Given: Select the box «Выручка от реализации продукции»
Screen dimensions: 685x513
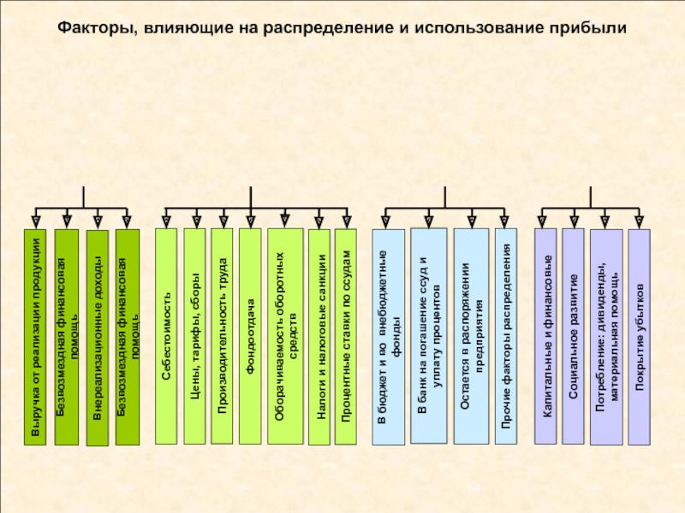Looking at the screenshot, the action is click(35, 337).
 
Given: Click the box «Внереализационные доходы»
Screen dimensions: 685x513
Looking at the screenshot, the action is click(98, 338).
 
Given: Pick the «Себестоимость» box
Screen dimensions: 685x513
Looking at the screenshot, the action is click(166, 336).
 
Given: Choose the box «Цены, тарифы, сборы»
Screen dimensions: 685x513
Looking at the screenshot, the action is click(194, 336).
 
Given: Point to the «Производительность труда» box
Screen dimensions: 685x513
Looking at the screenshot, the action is click(222, 336).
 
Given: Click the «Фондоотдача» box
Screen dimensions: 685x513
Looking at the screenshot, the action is click(250, 336).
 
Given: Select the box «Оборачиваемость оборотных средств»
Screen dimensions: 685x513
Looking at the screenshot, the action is click(285, 336).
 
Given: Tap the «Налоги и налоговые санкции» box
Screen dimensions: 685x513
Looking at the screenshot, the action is click(319, 337).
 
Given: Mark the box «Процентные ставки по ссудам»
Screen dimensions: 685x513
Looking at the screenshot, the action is click(346, 337).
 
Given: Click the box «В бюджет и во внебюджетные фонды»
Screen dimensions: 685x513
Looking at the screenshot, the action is click(389, 337).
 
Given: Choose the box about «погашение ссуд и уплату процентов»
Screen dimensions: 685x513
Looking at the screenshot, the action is click(429, 335).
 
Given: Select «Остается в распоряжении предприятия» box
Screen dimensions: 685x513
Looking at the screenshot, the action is click(472, 336).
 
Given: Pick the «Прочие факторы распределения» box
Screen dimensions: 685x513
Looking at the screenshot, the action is click(506, 336).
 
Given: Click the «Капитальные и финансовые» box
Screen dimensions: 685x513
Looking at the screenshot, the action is click(545, 336).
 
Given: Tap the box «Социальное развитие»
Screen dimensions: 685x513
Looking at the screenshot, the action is click(573, 336).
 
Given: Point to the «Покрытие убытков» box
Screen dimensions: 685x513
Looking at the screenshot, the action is click(639, 337).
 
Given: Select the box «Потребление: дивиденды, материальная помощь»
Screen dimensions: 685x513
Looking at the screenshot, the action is click(606, 337).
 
